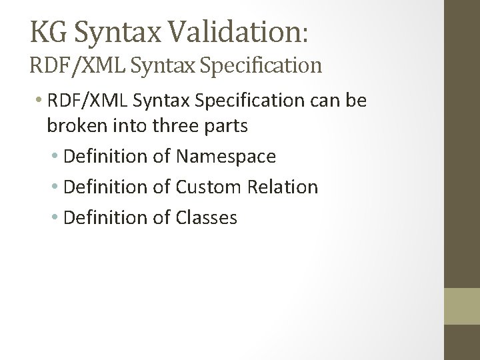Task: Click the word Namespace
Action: pyautogui.click(x=225, y=157)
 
